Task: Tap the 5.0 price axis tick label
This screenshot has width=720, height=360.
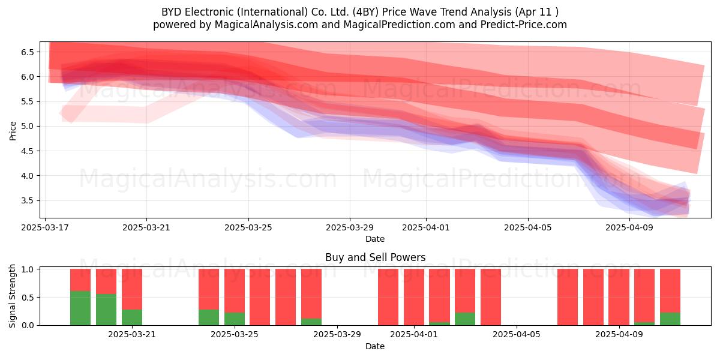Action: (28, 127)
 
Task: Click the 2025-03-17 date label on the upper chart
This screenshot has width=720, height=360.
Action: (45, 227)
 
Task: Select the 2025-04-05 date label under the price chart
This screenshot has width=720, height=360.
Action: (528, 227)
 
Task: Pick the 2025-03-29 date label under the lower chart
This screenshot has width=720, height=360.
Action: (337, 334)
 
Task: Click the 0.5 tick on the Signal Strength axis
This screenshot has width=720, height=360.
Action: (28, 298)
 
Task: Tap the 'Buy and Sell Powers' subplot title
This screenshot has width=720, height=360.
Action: (376, 257)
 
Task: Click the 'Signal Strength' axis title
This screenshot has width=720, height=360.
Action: (12, 296)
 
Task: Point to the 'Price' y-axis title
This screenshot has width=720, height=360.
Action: (13, 131)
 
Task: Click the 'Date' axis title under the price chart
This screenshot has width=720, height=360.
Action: (375, 239)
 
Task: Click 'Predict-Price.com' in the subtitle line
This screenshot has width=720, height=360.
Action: (524, 25)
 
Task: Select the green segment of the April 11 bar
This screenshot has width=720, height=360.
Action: (670, 319)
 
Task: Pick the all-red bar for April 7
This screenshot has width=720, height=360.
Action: (568, 297)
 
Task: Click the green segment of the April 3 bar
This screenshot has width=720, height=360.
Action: (465, 319)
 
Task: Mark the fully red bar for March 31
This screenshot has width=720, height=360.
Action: (388, 297)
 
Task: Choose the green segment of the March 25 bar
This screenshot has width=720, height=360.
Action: (235, 319)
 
